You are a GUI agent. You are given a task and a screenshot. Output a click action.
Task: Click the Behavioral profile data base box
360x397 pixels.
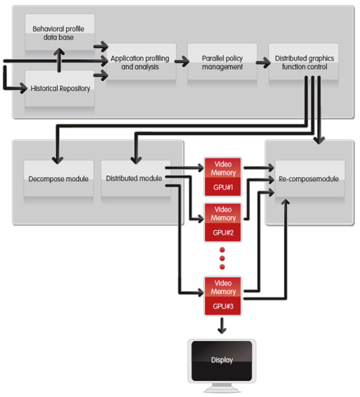pyautogui.click(x=60, y=32)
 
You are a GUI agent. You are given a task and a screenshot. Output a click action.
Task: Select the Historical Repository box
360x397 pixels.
pyautogui.click(x=60, y=88)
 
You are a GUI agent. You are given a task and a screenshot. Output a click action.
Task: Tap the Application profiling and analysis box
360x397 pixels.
pyautogui.click(x=141, y=62)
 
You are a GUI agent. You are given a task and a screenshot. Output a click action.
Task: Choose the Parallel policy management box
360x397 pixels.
pyautogui.click(x=223, y=62)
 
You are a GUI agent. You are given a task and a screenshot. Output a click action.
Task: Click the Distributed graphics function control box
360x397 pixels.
pyautogui.click(x=304, y=62)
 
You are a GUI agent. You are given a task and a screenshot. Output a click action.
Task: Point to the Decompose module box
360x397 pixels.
pyautogui.click(x=58, y=178)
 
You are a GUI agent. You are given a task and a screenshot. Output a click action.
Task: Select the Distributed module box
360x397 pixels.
pyautogui.click(x=136, y=178)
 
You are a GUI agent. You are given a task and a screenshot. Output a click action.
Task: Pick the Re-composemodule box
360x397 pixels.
pyautogui.click(x=310, y=178)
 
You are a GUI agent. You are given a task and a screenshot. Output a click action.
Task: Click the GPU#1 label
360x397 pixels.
pyautogui.click(x=223, y=187)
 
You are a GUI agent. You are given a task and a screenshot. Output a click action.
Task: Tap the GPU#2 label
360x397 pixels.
pyautogui.click(x=223, y=232)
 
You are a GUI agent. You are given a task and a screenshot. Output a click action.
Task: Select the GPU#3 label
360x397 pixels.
pyautogui.click(x=223, y=306)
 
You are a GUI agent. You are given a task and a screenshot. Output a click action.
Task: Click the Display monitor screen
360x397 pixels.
pyautogui.click(x=222, y=360)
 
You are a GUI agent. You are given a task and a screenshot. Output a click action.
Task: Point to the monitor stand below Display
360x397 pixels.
pyautogui.click(x=222, y=387)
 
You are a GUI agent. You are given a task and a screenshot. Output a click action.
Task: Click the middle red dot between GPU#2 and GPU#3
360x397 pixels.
pyautogui.click(x=223, y=258)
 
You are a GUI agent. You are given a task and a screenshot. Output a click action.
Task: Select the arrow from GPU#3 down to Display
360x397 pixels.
pyautogui.click(x=222, y=326)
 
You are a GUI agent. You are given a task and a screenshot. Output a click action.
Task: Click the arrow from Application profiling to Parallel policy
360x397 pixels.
pyautogui.click(x=182, y=61)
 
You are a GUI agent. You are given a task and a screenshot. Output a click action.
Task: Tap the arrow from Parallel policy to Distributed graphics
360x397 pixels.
pyautogui.click(x=263, y=62)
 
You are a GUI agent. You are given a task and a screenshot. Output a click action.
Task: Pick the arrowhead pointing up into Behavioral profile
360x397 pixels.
pyautogui.click(x=59, y=52)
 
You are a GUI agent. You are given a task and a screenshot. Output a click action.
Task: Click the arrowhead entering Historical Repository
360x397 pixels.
pyautogui.click(x=23, y=88)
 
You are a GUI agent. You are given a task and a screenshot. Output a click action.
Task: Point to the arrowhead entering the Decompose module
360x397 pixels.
pyautogui.click(x=58, y=160)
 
